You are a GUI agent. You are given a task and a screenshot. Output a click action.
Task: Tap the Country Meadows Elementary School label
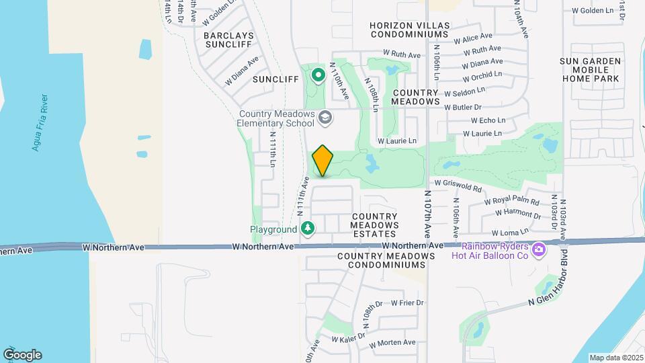276,119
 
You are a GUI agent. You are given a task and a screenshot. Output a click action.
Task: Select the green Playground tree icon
308,229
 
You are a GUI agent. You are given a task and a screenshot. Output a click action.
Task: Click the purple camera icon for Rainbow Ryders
537,251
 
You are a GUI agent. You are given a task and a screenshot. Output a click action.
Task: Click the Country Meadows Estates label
375,225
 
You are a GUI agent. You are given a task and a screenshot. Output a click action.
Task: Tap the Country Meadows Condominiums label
385,261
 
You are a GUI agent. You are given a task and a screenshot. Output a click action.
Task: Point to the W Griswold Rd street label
458,186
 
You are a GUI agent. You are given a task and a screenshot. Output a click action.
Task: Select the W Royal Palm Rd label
516,201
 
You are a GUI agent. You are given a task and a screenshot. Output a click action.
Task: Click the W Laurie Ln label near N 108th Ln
396,141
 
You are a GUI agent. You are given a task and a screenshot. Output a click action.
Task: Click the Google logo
22,355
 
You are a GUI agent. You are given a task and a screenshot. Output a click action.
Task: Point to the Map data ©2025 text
616,358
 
